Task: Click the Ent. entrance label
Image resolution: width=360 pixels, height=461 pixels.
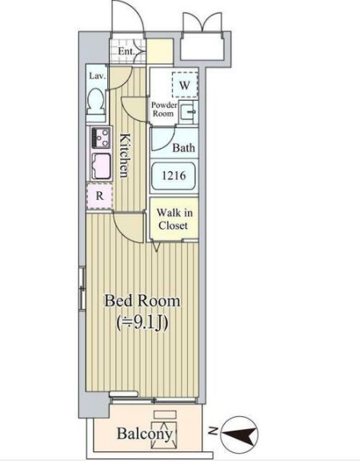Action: pos(126,53)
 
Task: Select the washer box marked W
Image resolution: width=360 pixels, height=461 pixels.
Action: pos(184,85)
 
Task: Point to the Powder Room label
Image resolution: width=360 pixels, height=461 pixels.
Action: pos(164,109)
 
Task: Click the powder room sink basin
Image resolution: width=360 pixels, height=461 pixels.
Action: pos(190,112)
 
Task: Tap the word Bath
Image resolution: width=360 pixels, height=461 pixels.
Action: pos(184,148)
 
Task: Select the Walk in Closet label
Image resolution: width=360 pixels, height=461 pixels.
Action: pos(172,218)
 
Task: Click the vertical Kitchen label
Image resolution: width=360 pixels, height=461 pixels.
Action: pos(126,157)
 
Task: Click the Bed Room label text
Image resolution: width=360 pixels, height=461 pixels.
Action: pos(143,302)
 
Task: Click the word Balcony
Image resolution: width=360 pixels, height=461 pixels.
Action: pos(145,435)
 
